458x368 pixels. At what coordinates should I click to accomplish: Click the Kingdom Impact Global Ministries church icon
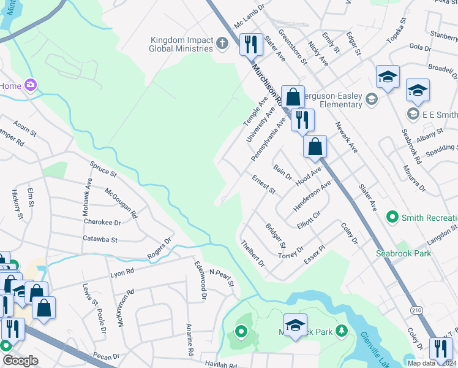[x=222, y=44]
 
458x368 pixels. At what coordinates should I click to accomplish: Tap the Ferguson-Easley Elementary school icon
[x=371, y=99]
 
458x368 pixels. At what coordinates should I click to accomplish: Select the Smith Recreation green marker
[x=392, y=217]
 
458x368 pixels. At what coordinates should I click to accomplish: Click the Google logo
[x=20, y=361]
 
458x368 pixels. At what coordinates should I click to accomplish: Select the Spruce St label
[x=103, y=171]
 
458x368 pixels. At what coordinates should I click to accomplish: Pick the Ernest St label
[x=264, y=183]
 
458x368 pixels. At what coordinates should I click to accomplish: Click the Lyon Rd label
[x=121, y=274]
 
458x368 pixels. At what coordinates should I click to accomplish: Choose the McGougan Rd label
[x=121, y=203]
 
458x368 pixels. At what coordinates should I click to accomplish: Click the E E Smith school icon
[x=413, y=114]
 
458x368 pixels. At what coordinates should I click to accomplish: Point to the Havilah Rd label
[x=221, y=365]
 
